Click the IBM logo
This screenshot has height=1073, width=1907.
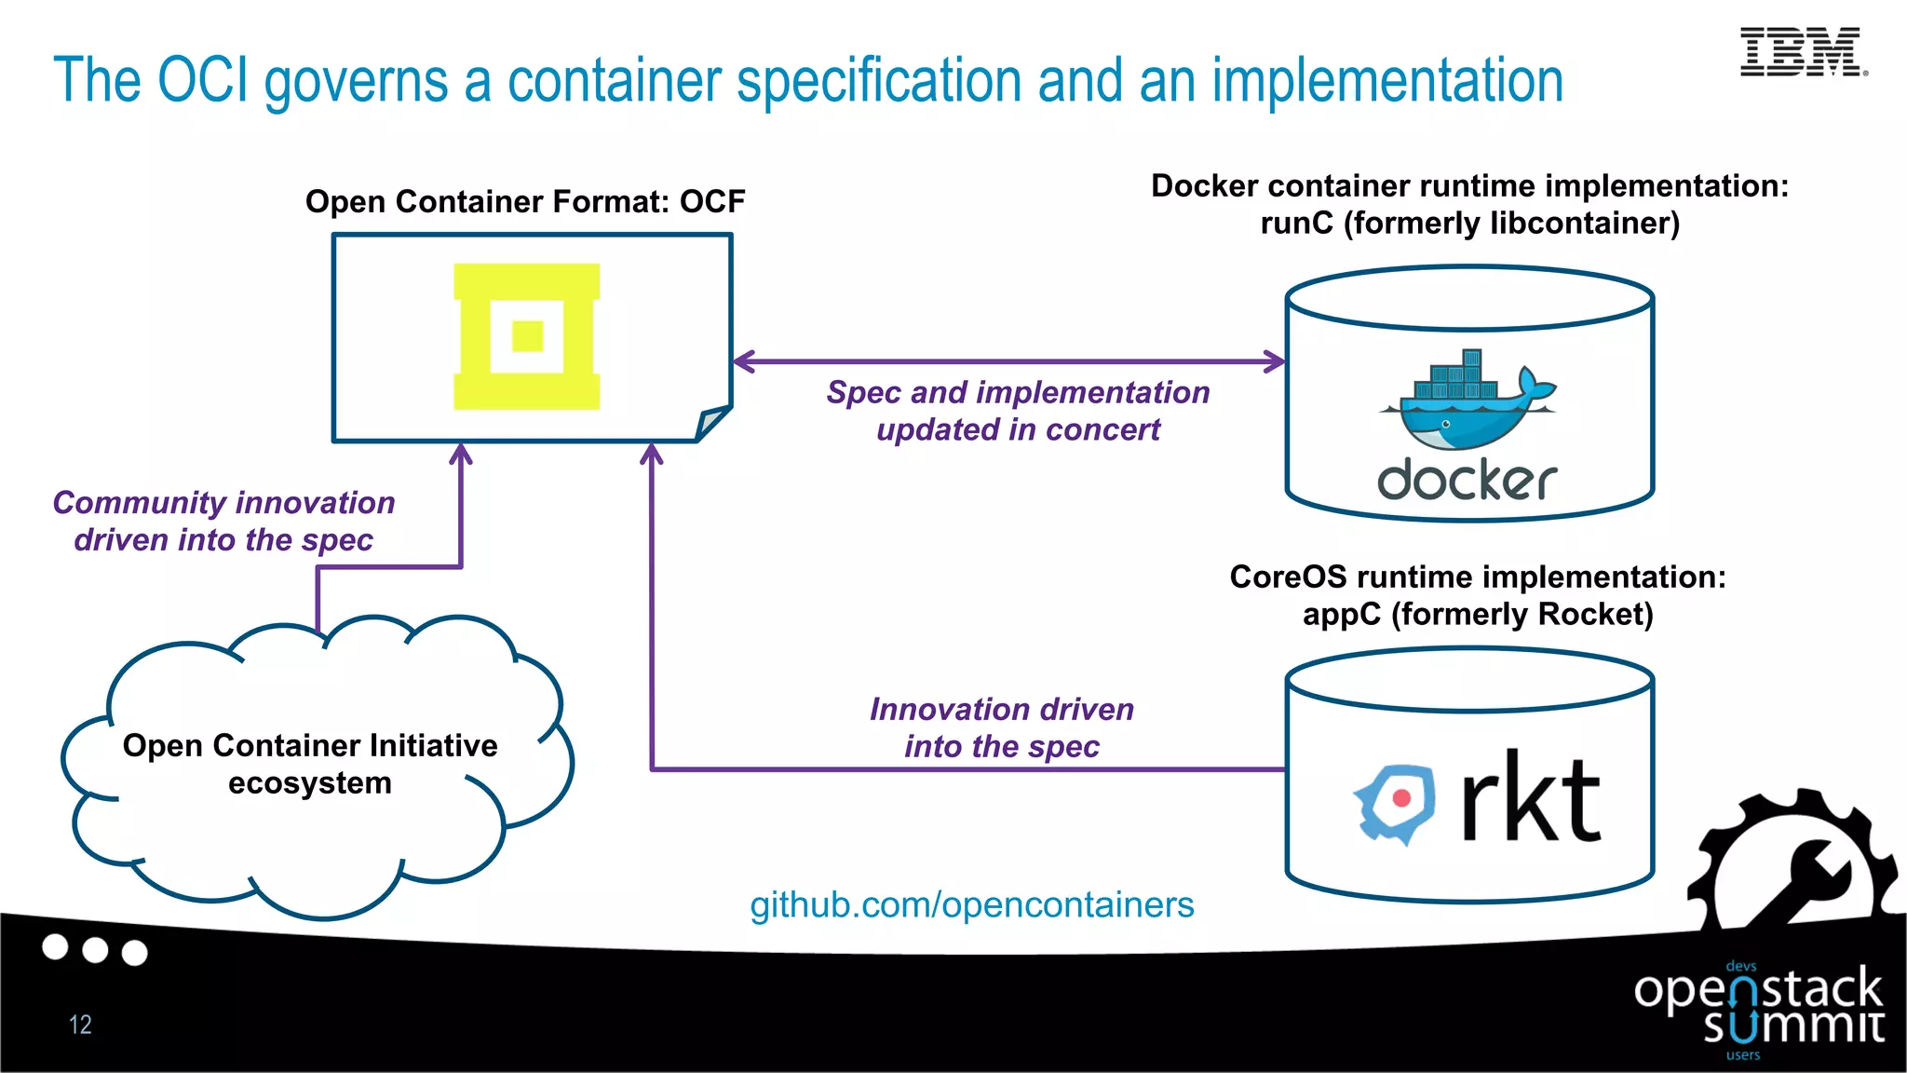pyautogui.click(x=1804, y=51)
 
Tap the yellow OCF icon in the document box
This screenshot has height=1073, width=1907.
pyautogui.click(x=527, y=336)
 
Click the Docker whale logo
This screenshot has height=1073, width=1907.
pyautogui.click(x=1467, y=400)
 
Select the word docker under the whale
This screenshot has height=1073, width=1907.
pyautogui.click(x=1467, y=480)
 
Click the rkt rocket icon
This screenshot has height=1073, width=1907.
pyautogui.click(x=1394, y=804)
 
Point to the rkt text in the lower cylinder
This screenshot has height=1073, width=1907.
pyautogui.click(x=1531, y=796)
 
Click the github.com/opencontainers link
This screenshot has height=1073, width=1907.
pyautogui.click(x=972, y=904)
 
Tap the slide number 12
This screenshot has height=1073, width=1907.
pyautogui.click(x=80, y=1025)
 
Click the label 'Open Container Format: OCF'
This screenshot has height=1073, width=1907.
pyautogui.click(x=525, y=201)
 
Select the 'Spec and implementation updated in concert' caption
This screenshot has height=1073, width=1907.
pyautogui.click(x=1018, y=411)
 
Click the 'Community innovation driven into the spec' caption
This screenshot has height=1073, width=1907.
pyautogui.click(x=223, y=521)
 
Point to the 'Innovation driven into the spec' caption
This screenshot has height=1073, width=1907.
pyautogui.click(x=1002, y=727)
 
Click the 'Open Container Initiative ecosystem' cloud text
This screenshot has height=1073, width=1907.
pyautogui.click(x=310, y=764)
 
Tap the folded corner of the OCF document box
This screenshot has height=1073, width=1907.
pyautogui.click(x=711, y=424)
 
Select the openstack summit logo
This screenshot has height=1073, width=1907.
pyautogui.click(x=1759, y=1011)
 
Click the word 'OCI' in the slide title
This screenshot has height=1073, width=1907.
pyautogui.click(x=204, y=80)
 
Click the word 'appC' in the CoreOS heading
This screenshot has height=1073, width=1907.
pyautogui.click(x=1342, y=615)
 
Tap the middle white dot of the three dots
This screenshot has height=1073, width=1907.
pyautogui.click(x=95, y=950)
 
